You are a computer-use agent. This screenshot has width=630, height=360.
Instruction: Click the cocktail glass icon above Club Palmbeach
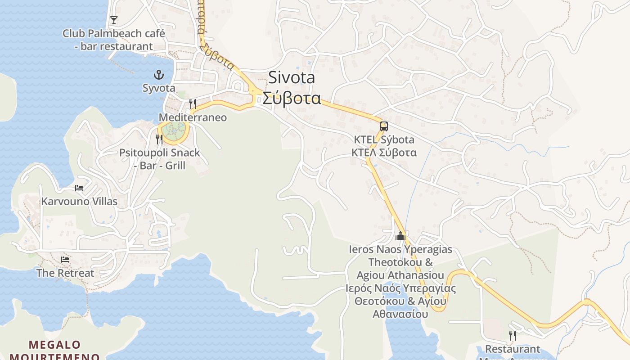click(114, 20)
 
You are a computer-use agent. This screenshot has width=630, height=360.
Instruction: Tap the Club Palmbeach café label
click(113, 40)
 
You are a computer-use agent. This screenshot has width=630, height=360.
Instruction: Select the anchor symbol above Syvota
click(158, 75)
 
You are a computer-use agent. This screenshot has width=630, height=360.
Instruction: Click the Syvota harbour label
click(159, 88)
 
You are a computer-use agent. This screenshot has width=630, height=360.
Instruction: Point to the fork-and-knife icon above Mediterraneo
click(192, 104)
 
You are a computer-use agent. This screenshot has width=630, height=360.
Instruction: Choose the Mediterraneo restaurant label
click(193, 117)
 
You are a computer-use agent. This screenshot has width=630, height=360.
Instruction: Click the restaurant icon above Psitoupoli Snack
click(159, 139)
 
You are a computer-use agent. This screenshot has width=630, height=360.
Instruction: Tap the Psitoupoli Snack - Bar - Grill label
click(159, 159)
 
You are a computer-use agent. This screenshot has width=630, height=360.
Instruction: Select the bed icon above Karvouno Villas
click(79, 188)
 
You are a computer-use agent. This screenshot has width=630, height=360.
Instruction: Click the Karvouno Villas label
click(79, 201)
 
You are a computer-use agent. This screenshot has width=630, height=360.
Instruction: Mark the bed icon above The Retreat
click(65, 260)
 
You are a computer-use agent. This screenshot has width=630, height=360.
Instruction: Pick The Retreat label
click(65, 273)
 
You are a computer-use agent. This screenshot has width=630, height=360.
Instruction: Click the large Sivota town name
click(292, 77)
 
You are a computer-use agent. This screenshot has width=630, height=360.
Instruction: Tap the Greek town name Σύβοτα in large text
click(292, 98)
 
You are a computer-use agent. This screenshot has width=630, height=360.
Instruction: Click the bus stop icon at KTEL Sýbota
click(383, 126)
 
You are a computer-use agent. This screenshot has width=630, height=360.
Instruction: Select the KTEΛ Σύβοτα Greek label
click(384, 153)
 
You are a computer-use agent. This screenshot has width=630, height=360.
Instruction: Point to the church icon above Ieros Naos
click(400, 236)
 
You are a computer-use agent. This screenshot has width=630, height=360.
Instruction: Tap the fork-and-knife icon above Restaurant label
click(512, 336)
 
